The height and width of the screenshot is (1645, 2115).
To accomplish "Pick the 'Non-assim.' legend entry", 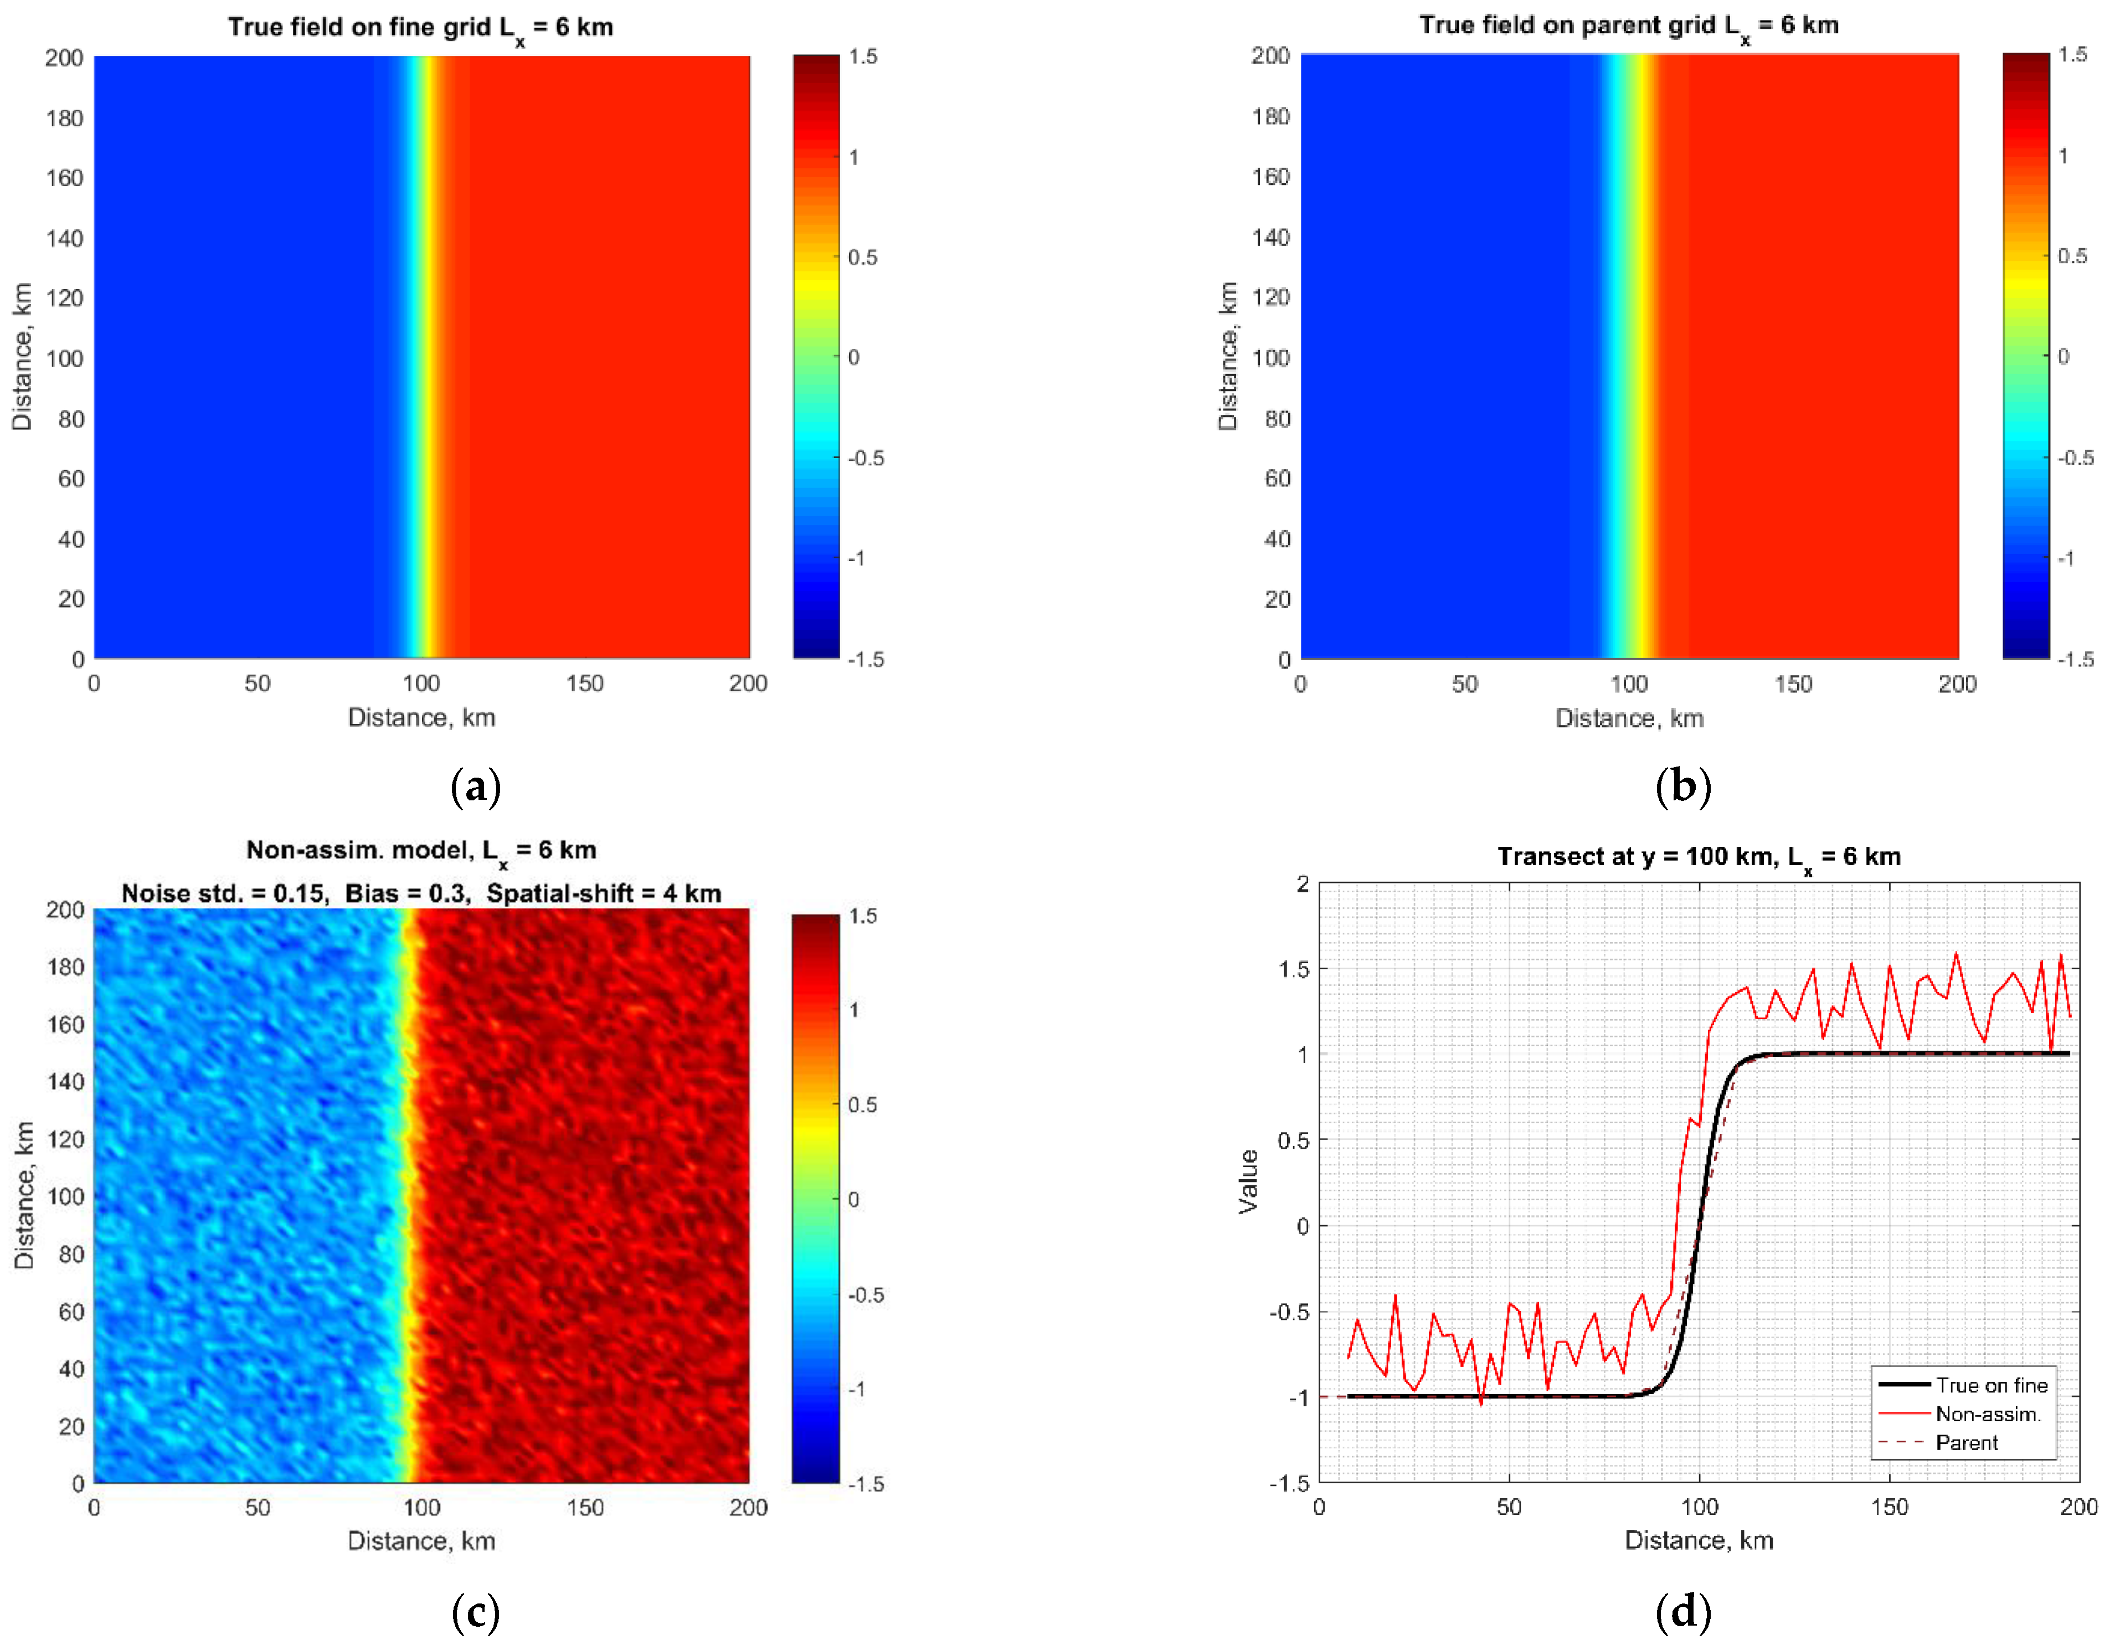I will (1987, 1415).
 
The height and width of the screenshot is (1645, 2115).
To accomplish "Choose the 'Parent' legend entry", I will (1966, 1443).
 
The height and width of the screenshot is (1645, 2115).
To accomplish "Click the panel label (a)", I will (476, 786).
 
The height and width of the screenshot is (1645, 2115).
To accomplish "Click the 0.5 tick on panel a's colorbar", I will (863, 258).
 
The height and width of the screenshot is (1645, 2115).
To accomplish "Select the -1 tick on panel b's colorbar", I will (2066, 558).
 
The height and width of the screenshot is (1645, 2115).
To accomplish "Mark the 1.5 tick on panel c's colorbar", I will (863, 917).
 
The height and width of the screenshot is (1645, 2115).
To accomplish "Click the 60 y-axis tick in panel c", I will (71, 1312).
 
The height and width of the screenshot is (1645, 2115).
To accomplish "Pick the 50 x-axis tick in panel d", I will (1509, 1508).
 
